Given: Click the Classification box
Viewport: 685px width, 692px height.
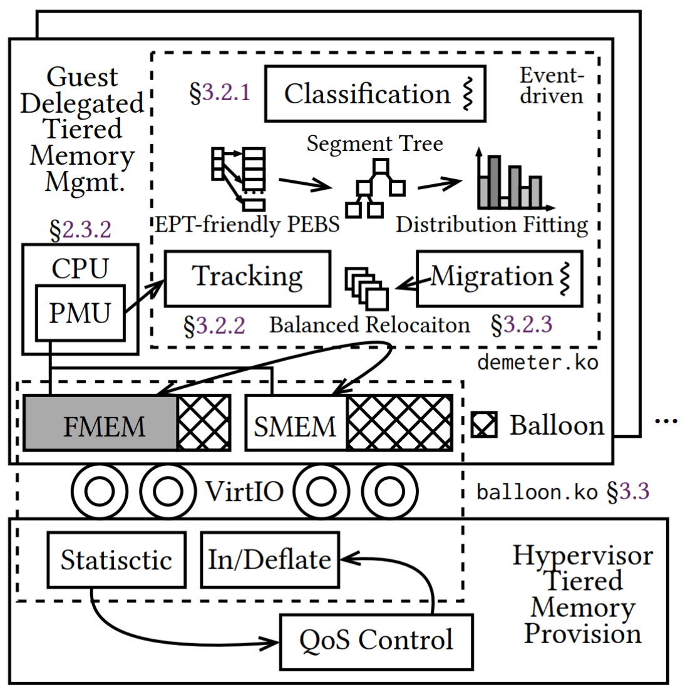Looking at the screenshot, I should (x=375, y=94).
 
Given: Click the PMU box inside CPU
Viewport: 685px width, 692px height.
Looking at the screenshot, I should (x=80, y=312).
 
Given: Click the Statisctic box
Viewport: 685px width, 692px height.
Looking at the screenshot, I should (x=116, y=560).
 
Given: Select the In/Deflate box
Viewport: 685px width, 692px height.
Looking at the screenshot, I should (x=270, y=560).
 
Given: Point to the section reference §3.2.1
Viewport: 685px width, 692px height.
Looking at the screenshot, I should (x=220, y=93).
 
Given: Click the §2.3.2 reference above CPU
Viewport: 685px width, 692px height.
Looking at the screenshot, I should (x=81, y=230).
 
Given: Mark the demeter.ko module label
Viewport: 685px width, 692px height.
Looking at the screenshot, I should (x=537, y=362).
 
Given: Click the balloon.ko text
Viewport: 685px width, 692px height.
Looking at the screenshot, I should (x=537, y=492).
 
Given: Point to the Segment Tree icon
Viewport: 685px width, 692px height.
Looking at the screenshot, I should (x=374, y=188).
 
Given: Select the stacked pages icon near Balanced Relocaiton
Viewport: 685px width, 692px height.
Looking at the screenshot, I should (x=367, y=288).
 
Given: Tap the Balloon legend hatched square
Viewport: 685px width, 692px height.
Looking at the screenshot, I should (x=485, y=425).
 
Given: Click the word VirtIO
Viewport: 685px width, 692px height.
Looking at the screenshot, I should (x=245, y=492).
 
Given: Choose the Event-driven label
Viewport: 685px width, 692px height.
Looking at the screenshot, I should (x=552, y=86).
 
